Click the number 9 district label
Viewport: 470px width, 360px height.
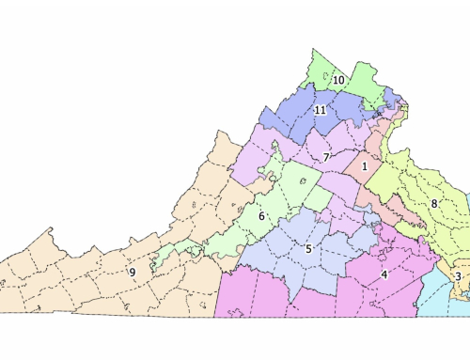(133, 272)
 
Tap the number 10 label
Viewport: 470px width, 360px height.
(337, 81)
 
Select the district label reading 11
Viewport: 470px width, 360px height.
(321, 110)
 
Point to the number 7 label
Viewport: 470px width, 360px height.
(326, 156)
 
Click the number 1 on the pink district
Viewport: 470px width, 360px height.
(364, 166)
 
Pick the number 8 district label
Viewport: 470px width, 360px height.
(434, 203)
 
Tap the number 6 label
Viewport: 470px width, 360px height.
(261, 217)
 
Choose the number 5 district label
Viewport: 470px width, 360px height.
(307, 248)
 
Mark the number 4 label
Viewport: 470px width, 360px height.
(384, 274)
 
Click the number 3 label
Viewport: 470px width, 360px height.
(458, 275)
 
